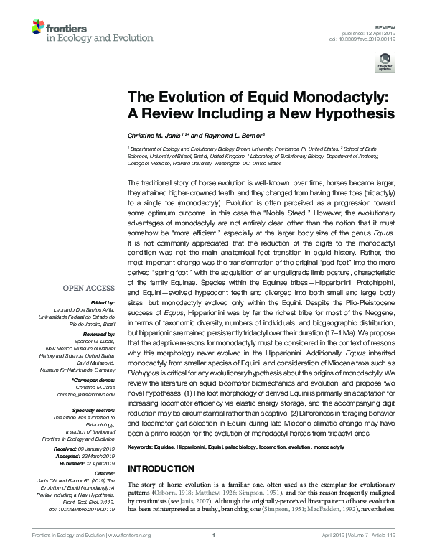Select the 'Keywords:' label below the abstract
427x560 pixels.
click(144, 447)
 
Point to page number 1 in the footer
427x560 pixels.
click(214, 555)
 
